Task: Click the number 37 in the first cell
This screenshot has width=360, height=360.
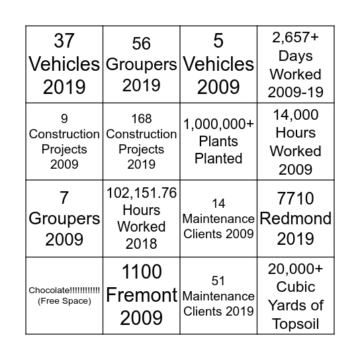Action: click(x=64, y=42)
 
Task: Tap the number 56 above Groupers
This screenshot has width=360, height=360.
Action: click(x=142, y=44)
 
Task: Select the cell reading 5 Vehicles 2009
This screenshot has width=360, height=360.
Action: click(x=218, y=64)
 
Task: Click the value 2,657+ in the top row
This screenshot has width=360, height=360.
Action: click(x=295, y=38)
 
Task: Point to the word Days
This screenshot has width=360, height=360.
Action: click(x=295, y=56)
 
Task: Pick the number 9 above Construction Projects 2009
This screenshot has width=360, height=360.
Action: click(x=64, y=119)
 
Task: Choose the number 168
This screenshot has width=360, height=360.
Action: click(x=142, y=119)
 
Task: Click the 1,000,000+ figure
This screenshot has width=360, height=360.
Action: click(x=218, y=124)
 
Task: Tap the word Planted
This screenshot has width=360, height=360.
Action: click(x=218, y=159)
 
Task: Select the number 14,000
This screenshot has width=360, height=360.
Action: click(x=295, y=114)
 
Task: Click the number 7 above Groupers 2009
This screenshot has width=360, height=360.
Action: click(x=64, y=197)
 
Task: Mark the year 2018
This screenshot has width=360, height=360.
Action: click(x=142, y=243)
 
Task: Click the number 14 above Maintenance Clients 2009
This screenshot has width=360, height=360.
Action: click(x=218, y=203)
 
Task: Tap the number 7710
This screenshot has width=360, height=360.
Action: click(x=295, y=198)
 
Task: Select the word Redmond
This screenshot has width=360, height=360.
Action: click(x=295, y=218)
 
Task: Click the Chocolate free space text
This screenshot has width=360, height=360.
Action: click(x=64, y=290)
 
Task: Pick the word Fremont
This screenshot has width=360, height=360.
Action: click(x=142, y=294)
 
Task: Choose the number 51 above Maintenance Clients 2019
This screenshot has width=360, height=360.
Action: click(x=218, y=281)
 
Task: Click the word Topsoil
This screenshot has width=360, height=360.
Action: click(x=295, y=323)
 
